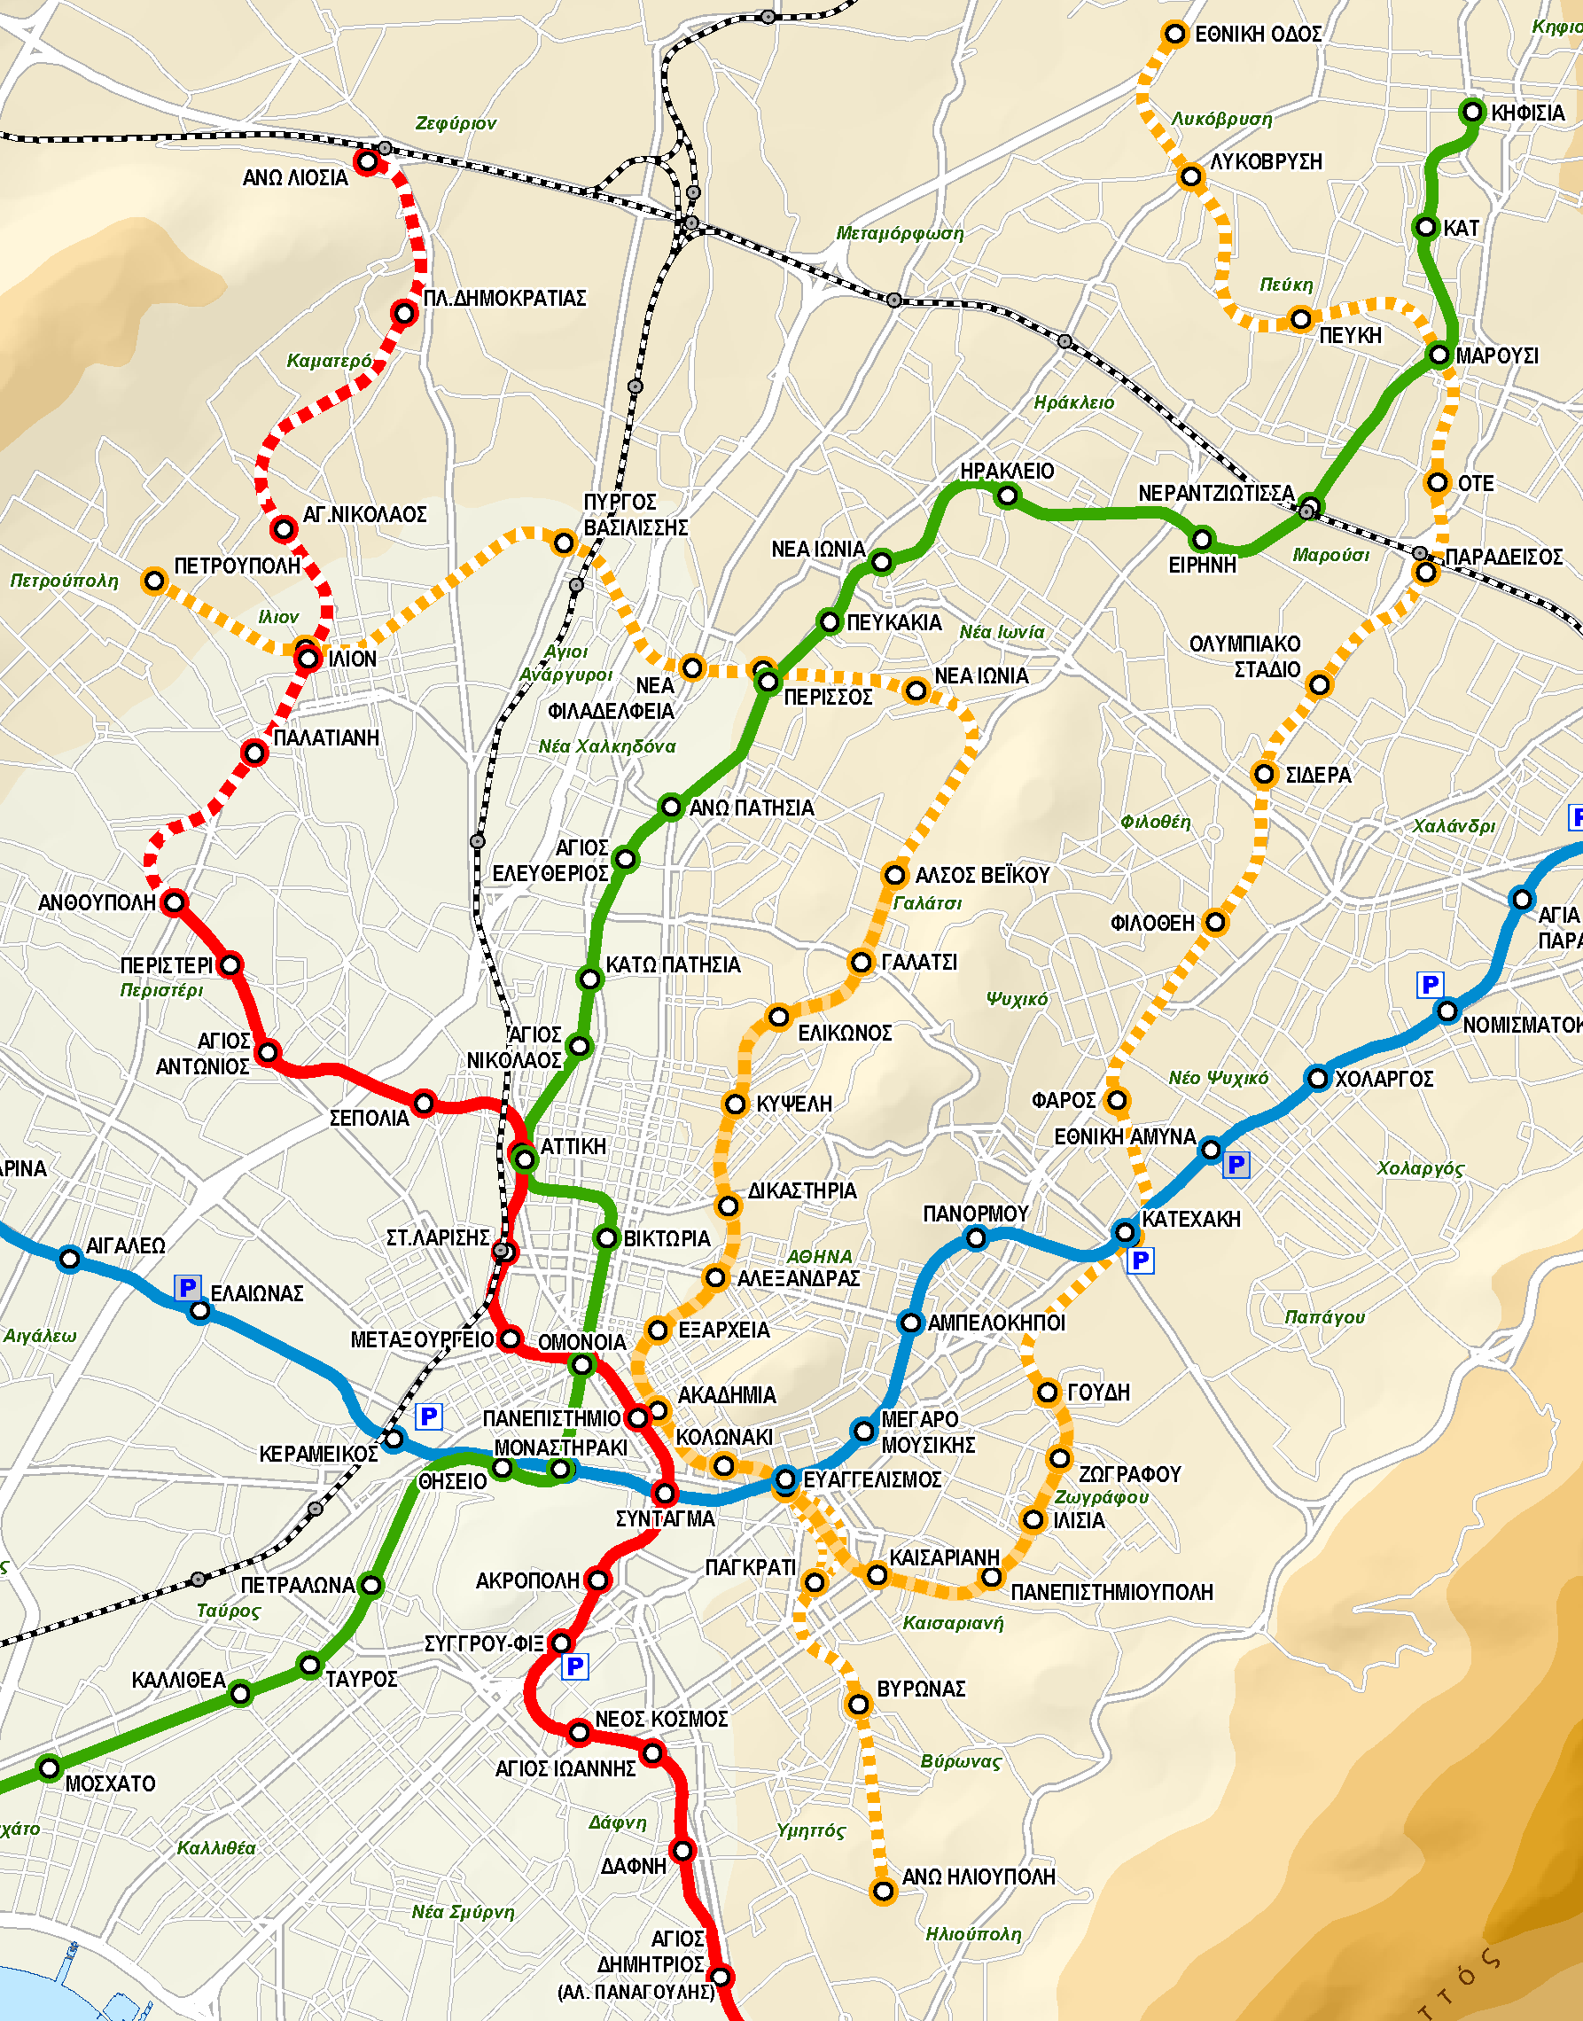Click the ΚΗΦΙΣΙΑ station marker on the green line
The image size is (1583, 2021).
coord(1473,112)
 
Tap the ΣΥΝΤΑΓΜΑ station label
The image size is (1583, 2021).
coord(666,1518)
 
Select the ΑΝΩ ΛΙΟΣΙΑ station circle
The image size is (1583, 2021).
coord(367,162)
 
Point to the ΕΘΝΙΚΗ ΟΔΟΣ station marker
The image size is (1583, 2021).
coord(1174,35)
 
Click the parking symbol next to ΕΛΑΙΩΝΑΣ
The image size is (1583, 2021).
coord(187,1287)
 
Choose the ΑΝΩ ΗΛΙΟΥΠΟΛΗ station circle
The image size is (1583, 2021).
coord(884,1891)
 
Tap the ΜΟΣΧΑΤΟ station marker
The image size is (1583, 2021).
coord(50,1768)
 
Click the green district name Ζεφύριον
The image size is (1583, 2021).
coord(455,123)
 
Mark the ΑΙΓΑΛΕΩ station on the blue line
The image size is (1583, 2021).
coord(69,1259)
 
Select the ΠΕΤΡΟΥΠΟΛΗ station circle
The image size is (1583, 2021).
coord(154,581)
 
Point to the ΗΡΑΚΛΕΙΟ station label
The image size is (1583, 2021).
coord(1007,471)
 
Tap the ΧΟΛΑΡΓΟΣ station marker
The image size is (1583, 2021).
coord(1317,1078)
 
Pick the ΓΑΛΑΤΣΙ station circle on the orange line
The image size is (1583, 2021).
coord(861,963)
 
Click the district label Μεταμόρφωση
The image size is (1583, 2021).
coord(899,233)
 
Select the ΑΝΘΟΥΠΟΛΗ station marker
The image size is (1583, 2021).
coord(175,901)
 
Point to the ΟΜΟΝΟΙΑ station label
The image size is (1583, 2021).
coord(582,1343)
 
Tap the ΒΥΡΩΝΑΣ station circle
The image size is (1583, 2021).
coord(859,1704)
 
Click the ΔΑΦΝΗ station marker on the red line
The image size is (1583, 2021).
coord(682,1851)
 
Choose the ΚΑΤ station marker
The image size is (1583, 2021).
coord(1426,227)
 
